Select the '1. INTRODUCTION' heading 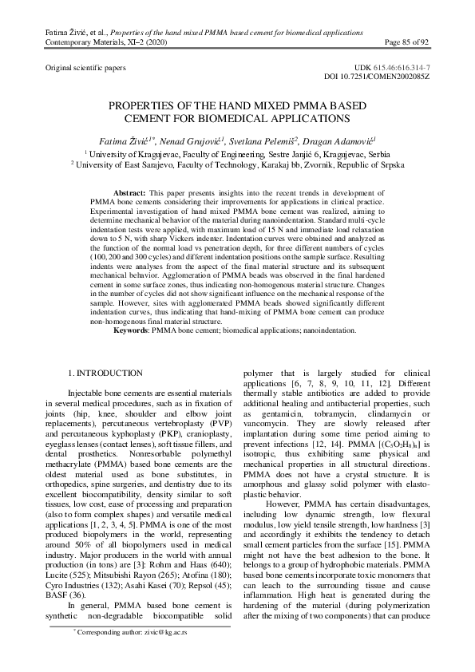coord(105,373)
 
